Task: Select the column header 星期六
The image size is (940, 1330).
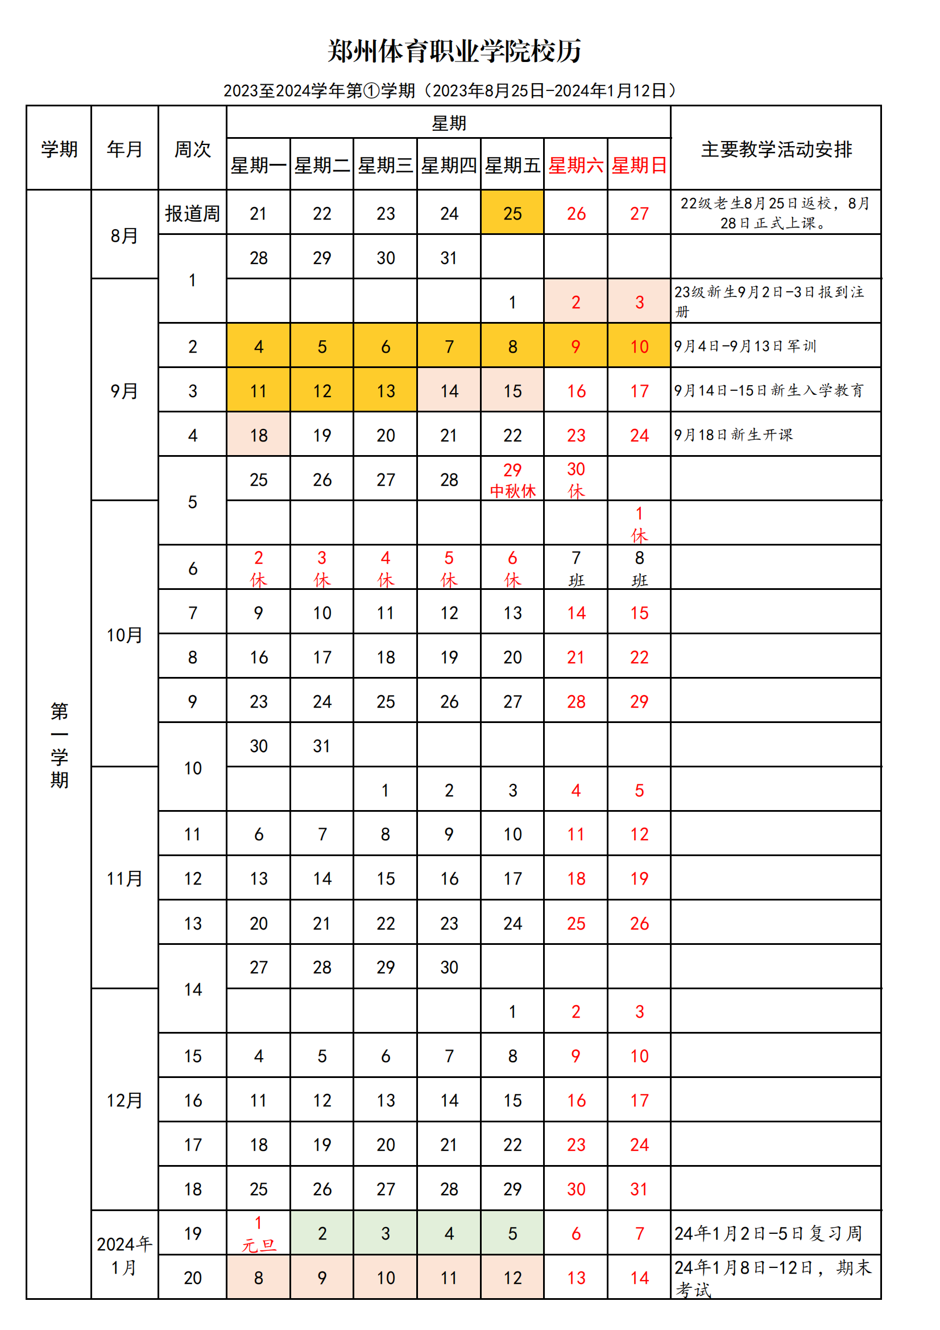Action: click(575, 166)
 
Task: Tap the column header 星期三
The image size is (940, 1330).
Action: click(385, 166)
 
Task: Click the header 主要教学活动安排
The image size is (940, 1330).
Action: click(776, 150)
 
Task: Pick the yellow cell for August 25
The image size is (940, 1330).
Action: click(512, 213)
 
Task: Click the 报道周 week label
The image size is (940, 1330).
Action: click(192, 213)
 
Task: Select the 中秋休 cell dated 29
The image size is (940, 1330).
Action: click(512, 480)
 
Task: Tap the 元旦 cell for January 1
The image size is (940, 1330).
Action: click(258, 1233)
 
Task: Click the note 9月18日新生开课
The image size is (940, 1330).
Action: click(733, 435)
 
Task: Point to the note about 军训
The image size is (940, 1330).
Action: click(745, 346)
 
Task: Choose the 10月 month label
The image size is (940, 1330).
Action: click(125, 635)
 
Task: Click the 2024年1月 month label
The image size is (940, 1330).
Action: click(125, 1255)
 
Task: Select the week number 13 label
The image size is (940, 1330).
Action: click(192, 923)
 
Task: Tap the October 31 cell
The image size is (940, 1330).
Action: click(322, 746)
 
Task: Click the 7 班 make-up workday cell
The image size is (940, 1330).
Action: click(575, 568)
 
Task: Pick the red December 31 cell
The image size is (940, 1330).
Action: click(639, 1189)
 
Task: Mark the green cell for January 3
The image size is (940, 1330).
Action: click(385, 1233)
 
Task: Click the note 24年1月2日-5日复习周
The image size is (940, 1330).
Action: click(768, 1233)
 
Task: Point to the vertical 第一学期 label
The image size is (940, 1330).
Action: click(59, 745)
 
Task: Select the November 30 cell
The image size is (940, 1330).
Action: click(449, 967)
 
